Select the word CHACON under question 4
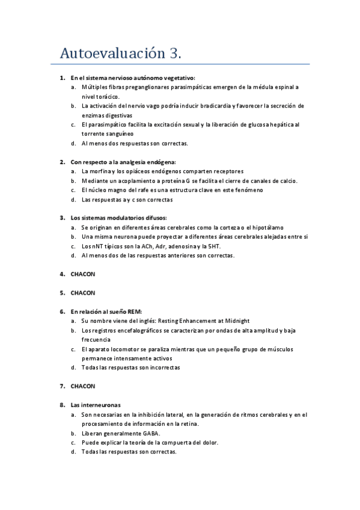click(x=83, y=274)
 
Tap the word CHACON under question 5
click(x=83, y=293)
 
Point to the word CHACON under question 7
click(x=83, y=386)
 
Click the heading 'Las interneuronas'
click(x=96, y=405)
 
